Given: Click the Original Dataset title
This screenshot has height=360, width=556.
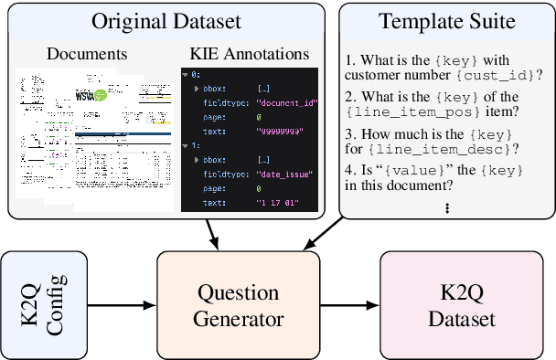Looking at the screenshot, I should (166, 20).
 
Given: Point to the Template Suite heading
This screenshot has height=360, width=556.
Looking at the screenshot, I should (446, 20).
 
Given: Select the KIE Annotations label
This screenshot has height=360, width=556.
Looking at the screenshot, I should (250, 52).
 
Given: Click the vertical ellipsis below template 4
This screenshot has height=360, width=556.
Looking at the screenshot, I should (447, 209).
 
